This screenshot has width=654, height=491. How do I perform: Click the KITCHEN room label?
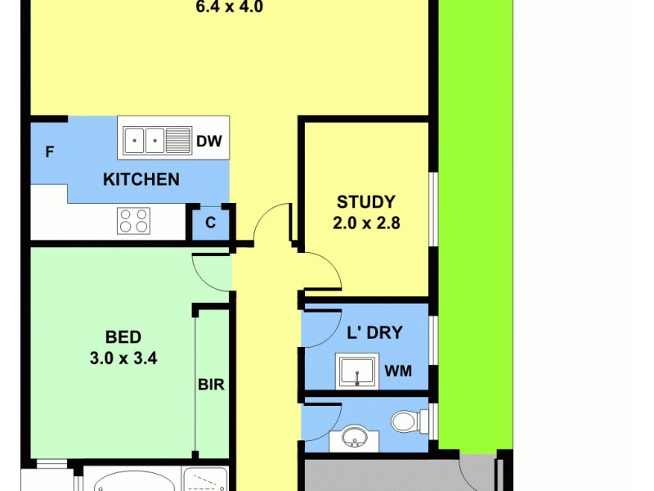(x=141, y=178)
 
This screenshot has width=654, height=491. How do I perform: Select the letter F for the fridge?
(x=50, y=152)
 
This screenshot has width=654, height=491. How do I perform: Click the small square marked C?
(x=210, y=223)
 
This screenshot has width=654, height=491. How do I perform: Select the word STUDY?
(x=366, y=201)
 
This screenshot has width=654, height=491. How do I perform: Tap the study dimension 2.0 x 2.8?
(x=366, y=222)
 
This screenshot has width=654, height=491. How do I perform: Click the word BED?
(x=123, y=336)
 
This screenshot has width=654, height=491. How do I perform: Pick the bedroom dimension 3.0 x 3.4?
(x=123, y=357)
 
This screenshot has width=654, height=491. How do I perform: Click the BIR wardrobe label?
(x=211, y=384)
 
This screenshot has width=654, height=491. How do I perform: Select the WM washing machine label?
(x=398, y=372)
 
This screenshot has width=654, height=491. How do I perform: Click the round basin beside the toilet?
(x=355, y=438)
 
